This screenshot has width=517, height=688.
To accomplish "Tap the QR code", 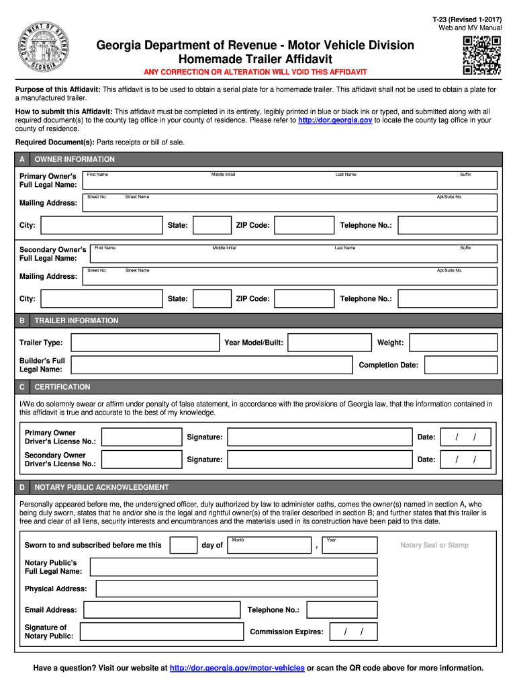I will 482,54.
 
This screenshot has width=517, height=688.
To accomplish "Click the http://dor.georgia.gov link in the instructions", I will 334,120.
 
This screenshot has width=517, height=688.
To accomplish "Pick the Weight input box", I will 453,343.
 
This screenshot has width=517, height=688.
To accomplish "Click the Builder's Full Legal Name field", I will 211,365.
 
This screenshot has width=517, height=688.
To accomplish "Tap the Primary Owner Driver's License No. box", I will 141,437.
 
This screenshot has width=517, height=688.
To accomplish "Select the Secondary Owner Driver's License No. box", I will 141,460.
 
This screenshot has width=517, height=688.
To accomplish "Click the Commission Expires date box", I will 353,632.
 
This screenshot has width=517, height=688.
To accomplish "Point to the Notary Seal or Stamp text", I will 434,545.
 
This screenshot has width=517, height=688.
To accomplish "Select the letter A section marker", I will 22,159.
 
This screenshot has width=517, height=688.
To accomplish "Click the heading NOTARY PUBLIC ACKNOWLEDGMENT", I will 101,487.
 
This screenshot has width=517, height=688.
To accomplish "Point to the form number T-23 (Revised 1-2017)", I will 467,19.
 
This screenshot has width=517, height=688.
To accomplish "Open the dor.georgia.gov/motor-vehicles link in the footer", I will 237,668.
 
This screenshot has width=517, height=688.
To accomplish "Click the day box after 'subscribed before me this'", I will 183,545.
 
